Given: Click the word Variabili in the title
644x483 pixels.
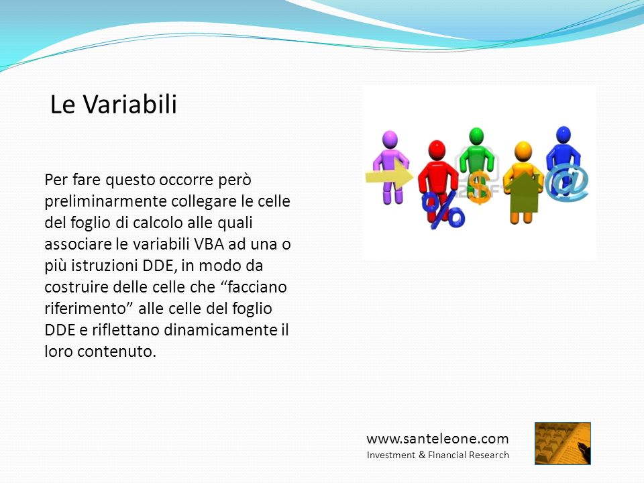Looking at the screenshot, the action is (x=130, y=104).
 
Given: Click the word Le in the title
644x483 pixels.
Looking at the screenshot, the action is (x=62, y=105).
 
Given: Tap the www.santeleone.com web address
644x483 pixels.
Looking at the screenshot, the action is (x=437, y=439).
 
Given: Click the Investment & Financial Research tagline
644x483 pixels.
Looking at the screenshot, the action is (x=438, y=455).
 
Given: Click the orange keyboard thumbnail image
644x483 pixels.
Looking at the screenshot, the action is (x=563, y=443).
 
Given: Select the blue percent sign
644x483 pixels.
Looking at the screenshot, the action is (x=443, y=209).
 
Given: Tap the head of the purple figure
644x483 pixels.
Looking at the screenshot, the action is (x=390, y=140).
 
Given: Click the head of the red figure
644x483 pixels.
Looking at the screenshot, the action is (x=437, y=150).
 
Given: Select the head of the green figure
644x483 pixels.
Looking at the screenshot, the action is (x=476, y=136).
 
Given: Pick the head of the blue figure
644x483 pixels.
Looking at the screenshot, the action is (x=563, y=135).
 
